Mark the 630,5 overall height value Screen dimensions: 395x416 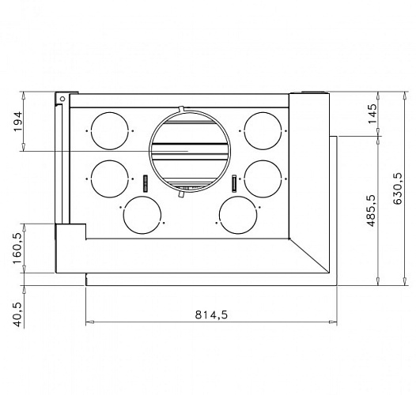tap(398, 187)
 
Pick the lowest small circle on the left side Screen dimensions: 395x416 tap(142, 215)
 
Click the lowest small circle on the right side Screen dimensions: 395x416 tap(238, 215)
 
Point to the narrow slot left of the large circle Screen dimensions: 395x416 tap(146, 182)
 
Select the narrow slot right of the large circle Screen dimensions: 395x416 tap(235, 182)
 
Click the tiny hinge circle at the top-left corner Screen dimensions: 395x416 tap(60, 98)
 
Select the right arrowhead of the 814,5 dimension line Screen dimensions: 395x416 tap(335, 322)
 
